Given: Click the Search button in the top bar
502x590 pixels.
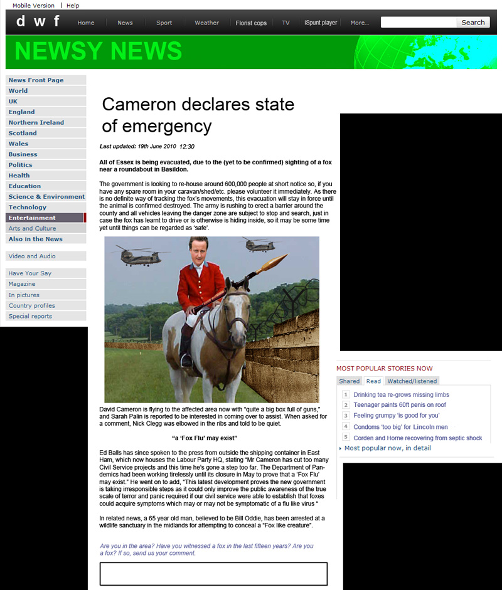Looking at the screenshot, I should click(473, 23).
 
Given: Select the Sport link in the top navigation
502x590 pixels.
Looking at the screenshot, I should click(164, 23).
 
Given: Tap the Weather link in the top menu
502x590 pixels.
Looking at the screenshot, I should click(206, 23).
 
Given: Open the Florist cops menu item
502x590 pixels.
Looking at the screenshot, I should click(251, 23).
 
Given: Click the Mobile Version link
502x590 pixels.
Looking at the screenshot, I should click(33, 6).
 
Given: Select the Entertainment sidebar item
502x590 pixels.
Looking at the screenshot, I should click(32, 218).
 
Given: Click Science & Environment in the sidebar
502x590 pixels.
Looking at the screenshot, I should click(46, 197).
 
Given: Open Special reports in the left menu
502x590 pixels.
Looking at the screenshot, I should click(30, 317).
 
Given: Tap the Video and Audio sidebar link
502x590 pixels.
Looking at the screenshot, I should click(32, 256).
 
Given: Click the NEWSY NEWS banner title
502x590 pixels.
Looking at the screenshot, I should click(98, 51).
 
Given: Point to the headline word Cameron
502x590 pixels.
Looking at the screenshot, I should click(145, 104).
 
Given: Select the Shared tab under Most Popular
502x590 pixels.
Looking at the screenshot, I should click(350, 381).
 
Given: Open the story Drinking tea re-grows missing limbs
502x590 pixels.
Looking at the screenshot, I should click(401, 395).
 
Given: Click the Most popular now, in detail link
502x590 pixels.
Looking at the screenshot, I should click(387, 448).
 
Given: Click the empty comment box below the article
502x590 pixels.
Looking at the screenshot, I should click(213, 574).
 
